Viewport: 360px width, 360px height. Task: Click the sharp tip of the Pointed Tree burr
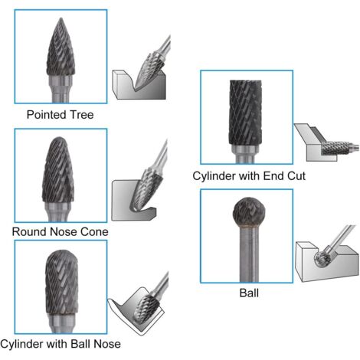[61, 18]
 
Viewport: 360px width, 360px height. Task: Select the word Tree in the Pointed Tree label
[82, 115]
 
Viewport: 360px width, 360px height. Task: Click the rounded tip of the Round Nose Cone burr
[59, 138]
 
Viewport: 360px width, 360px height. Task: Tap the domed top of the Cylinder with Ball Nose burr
[61, 252]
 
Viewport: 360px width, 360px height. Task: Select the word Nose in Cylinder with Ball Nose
[107, 344]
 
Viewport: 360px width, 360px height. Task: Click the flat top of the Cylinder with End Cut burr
[246, 81]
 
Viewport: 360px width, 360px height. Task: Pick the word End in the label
[274, 176]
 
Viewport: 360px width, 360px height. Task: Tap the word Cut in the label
[296, 176]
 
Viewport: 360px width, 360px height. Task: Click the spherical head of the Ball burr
[249, 211]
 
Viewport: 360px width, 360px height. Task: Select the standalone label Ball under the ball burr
[249, 293]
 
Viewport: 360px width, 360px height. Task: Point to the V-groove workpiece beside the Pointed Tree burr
[139, 85]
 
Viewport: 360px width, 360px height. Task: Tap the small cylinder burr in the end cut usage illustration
[335, 148]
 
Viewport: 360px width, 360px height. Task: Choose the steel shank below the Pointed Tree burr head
[61, 89]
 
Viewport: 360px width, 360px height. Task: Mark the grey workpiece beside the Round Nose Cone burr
[133, 201]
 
